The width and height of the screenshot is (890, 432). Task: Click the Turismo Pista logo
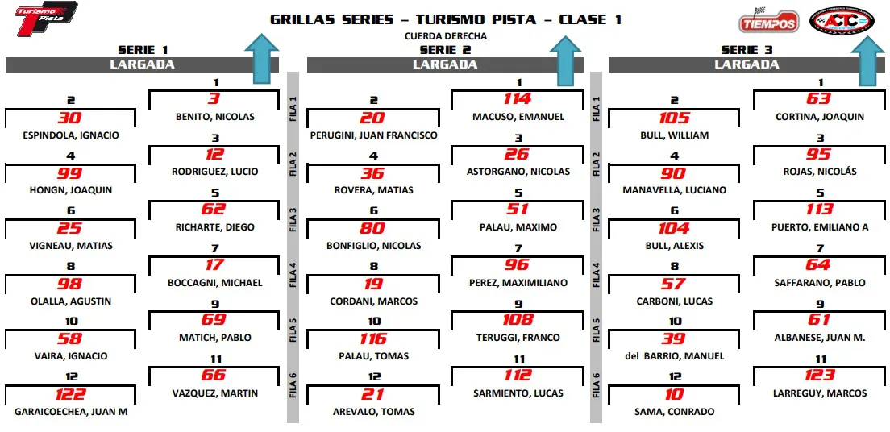[47, 19]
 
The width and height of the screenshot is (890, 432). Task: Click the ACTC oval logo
[845, 20]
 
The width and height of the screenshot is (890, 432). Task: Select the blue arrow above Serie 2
[565, 60]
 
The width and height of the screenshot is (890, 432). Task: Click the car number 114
[518, 99]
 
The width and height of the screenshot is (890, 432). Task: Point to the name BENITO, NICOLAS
[215, 117]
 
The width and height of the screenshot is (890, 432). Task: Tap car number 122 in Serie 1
[70, 394]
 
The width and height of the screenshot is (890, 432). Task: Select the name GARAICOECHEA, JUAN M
[71, 412]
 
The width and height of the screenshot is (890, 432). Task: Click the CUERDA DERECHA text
[446, 36]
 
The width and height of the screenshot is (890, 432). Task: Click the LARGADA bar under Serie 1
[142, 64]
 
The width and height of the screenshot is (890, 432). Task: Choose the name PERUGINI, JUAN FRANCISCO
[373, 135]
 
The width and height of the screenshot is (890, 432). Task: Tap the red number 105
[674, 118]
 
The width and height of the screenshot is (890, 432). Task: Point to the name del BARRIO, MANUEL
[675, 356]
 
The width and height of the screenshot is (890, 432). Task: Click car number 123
[820, 376]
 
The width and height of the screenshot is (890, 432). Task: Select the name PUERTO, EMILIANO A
[820, 227]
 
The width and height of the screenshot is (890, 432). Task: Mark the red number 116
[373, 339]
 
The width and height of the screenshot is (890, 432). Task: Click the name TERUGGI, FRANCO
[518, 338]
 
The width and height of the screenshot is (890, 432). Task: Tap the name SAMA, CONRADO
[675, 412]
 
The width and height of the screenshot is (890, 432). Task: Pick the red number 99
[70, 173]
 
